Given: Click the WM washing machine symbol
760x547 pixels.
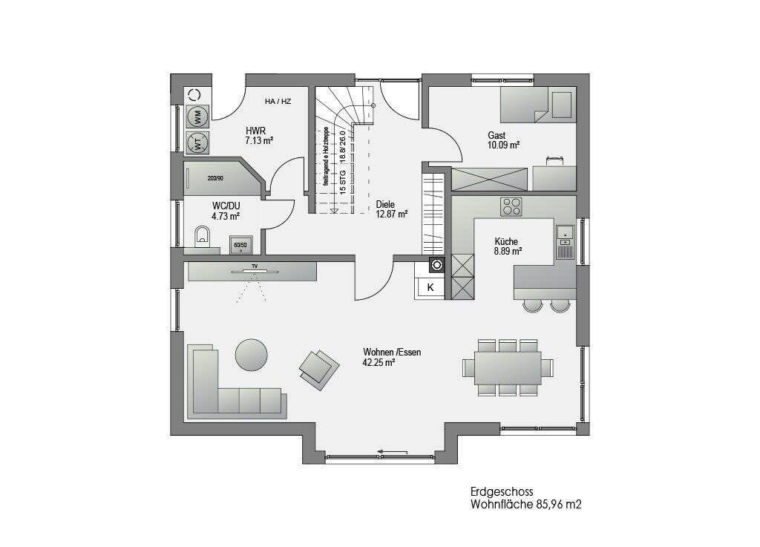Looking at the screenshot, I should coord(197,117).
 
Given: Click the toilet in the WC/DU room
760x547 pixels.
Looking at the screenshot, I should coord(201,237).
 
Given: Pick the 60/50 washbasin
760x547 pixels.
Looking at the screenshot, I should coord(240,244).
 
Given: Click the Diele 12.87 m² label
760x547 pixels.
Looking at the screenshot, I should coord(391,209).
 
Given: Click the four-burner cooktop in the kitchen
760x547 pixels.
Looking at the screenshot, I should coord(511,206).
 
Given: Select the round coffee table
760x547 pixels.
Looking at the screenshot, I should coord(252,354).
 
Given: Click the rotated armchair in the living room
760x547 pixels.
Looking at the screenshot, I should coord(318,367).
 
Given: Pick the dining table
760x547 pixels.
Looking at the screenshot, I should coord(508,367).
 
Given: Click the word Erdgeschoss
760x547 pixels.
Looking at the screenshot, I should coord(501,491).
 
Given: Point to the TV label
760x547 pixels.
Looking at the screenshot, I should coord(254,265).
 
